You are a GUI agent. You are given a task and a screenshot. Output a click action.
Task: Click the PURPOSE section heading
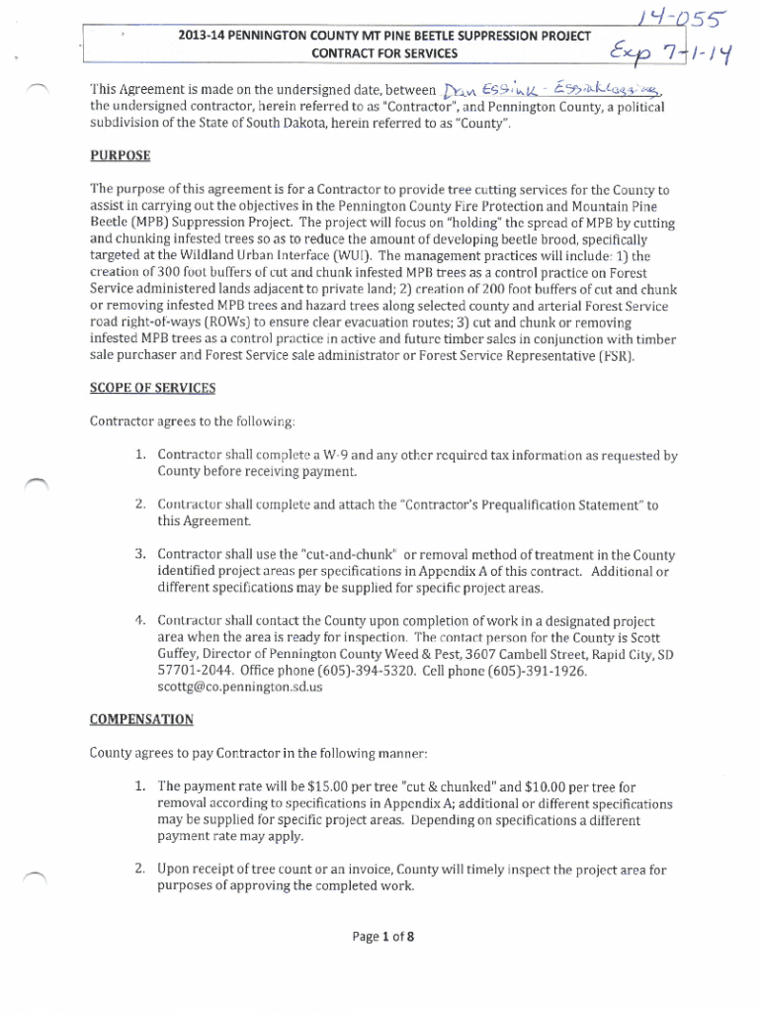(x=121, y=156)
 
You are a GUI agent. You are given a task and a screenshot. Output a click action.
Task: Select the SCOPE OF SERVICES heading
(x=152, y=388)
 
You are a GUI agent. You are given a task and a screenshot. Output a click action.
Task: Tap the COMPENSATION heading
(x=141, y=719)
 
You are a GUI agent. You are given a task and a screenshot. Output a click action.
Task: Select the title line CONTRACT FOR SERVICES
(x=384, y=52)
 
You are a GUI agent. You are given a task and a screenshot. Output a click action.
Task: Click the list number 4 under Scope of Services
(x=139, y=621)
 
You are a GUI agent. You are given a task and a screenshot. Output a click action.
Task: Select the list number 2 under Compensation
(x=140, y=871)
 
